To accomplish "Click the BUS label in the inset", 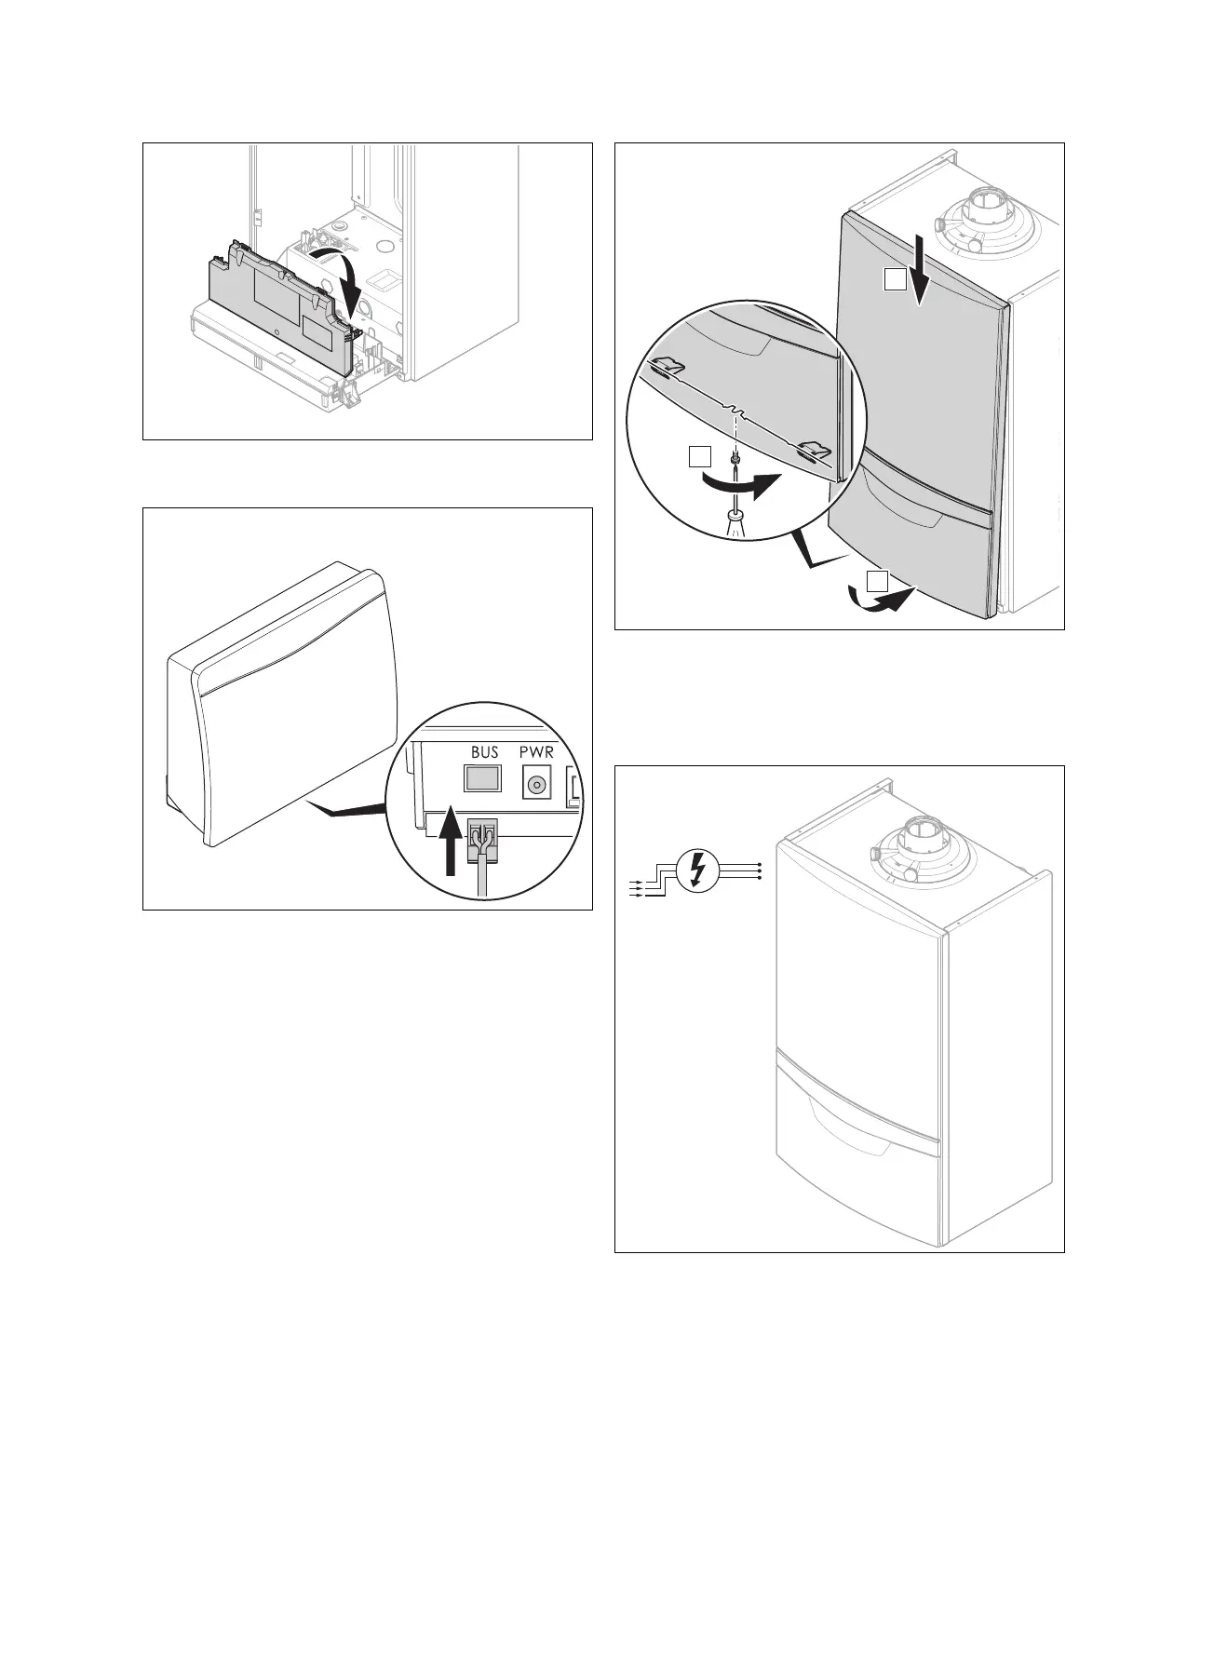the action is point(484,751).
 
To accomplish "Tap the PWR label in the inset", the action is point(535,751).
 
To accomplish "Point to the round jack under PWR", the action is point(535,785).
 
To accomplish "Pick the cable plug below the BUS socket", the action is point(482,843).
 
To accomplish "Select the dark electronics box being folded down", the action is point(279,307).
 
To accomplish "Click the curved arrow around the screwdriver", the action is point(745,483).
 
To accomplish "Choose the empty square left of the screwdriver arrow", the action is point(700,456).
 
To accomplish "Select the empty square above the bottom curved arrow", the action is point(878,580).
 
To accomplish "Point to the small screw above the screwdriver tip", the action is point(735,458).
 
